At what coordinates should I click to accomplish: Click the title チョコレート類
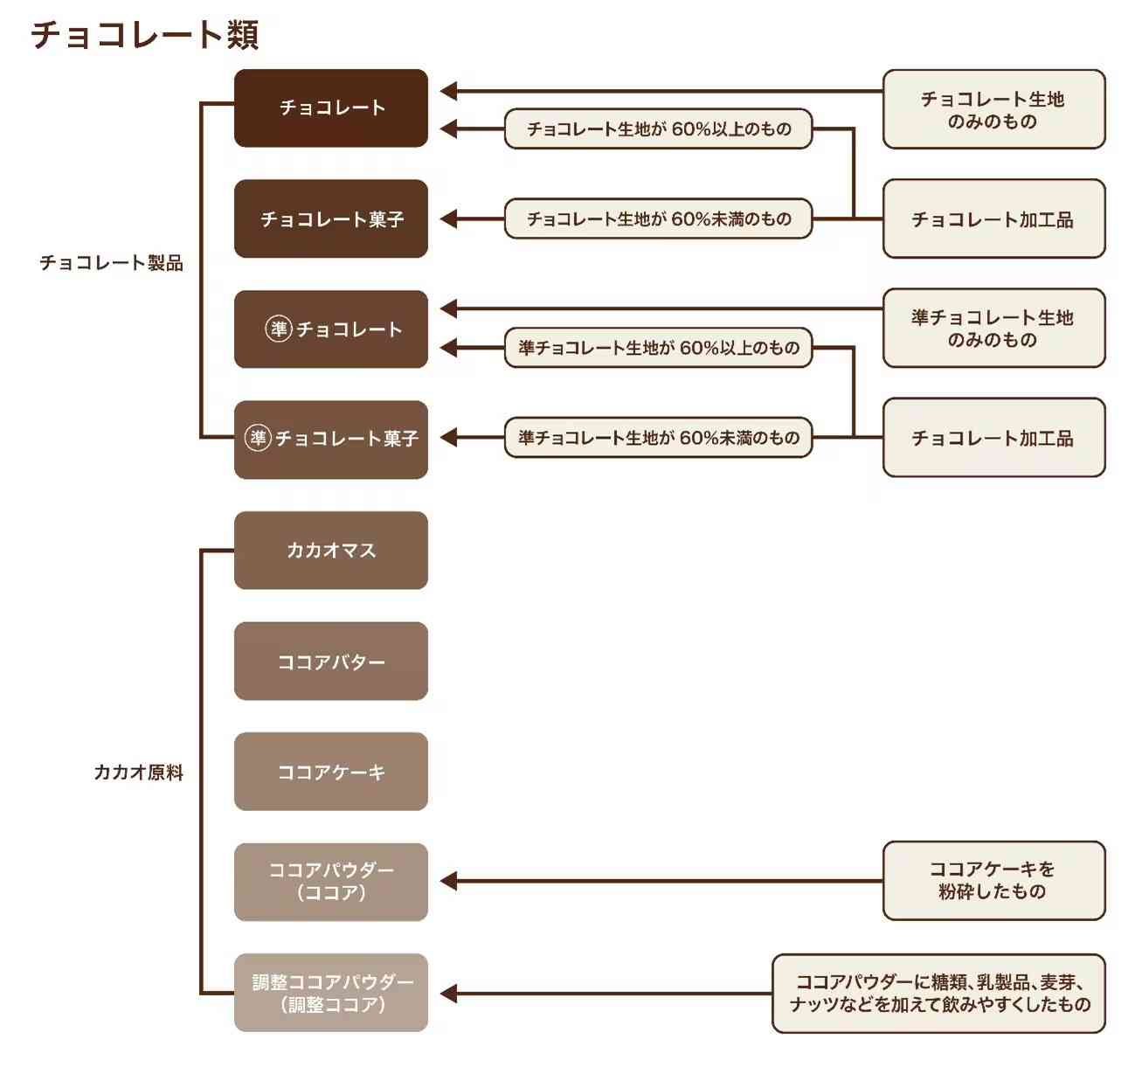coord(145,35)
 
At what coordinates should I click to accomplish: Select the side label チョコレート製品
coord(111,263)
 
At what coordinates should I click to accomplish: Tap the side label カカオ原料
coord(138,773)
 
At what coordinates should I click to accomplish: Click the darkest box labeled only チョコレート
coord(331,108)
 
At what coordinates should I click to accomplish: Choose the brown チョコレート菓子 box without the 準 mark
coord(331,218)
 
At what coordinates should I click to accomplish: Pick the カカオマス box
coord(331,551)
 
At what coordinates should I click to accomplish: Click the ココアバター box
coord(331,662)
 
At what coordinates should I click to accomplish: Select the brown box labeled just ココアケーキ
coord(331,772)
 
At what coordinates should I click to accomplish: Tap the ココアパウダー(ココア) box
coord(331,882)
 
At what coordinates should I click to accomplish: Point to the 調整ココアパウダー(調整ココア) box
coord(331,993)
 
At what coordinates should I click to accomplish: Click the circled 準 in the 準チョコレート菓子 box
coord(258,438)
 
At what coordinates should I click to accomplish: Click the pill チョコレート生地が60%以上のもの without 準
coord(659,129)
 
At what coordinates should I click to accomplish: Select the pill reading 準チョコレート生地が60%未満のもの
coord(659,438)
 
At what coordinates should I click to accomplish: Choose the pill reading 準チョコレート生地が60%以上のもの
coord(659,348)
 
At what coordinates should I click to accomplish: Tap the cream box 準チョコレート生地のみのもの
coord(993,329)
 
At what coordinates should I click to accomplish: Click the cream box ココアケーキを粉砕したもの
coord(993,881)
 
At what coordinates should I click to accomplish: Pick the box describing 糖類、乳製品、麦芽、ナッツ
coord(939,994)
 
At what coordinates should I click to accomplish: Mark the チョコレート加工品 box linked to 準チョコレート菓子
coord(993,438)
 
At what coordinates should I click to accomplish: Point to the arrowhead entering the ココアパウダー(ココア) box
coord(448,882)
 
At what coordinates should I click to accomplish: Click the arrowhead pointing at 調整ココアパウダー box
coord(448,994)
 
